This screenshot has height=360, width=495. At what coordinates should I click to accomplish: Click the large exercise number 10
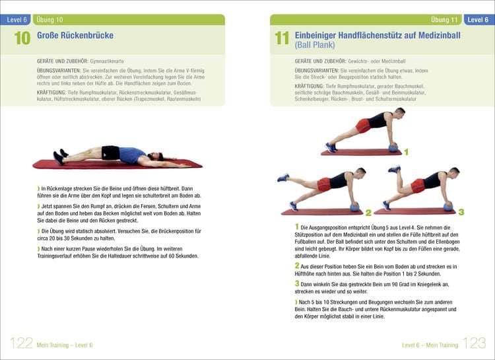(x=22, y=39)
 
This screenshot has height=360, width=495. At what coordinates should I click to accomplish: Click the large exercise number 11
(x=282, y=39)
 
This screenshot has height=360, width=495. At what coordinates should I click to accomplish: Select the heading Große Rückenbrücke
(x=75, y=36)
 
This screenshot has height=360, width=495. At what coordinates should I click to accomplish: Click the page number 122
(x=21, y=343)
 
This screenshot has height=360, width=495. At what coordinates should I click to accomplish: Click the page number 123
(x=473, y=343)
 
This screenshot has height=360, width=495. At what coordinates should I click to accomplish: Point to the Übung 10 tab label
(x=50, y=20)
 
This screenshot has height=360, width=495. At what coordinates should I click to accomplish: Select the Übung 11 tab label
(x=444, y=20)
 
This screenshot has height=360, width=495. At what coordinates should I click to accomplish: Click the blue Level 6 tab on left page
(x=16, y=20)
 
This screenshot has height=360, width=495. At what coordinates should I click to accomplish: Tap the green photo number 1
(x=406, y=152)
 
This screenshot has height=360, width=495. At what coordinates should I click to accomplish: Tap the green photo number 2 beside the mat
(x=368, y=212)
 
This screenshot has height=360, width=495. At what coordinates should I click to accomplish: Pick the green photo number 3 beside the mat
(x=461, y=211)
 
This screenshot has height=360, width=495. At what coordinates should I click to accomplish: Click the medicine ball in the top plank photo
(x=394, y=147)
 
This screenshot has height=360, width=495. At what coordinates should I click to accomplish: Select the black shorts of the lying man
(x=111, y=153)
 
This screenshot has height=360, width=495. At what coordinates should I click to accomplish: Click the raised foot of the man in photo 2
(x=284, y=177)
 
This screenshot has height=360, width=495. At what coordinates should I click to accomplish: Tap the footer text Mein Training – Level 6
(x=65, y=345)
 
